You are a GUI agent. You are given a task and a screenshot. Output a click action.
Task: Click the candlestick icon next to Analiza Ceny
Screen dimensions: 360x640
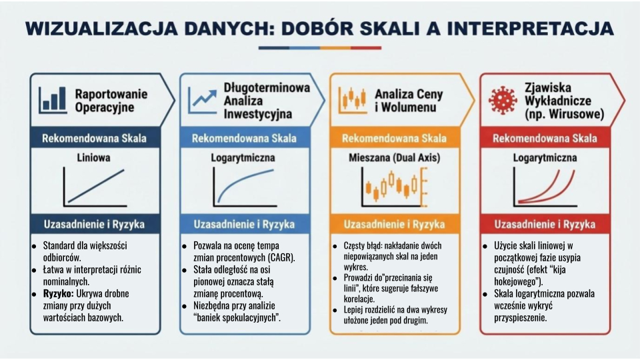coord(353,99)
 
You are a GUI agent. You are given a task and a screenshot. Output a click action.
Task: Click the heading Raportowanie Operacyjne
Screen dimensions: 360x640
coord(111,100)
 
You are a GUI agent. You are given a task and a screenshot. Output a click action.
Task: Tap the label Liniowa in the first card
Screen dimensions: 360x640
coord(94,159)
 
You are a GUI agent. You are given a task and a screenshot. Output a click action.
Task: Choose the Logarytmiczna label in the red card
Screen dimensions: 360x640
coord(545,159)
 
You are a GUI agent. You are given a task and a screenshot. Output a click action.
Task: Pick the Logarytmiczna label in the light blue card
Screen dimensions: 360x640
coord(244,159)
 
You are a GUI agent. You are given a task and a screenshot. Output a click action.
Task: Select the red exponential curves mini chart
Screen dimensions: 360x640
coord(545,187)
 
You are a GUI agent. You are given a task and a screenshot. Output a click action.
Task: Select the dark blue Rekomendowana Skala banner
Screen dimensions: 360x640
coord(94,139)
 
